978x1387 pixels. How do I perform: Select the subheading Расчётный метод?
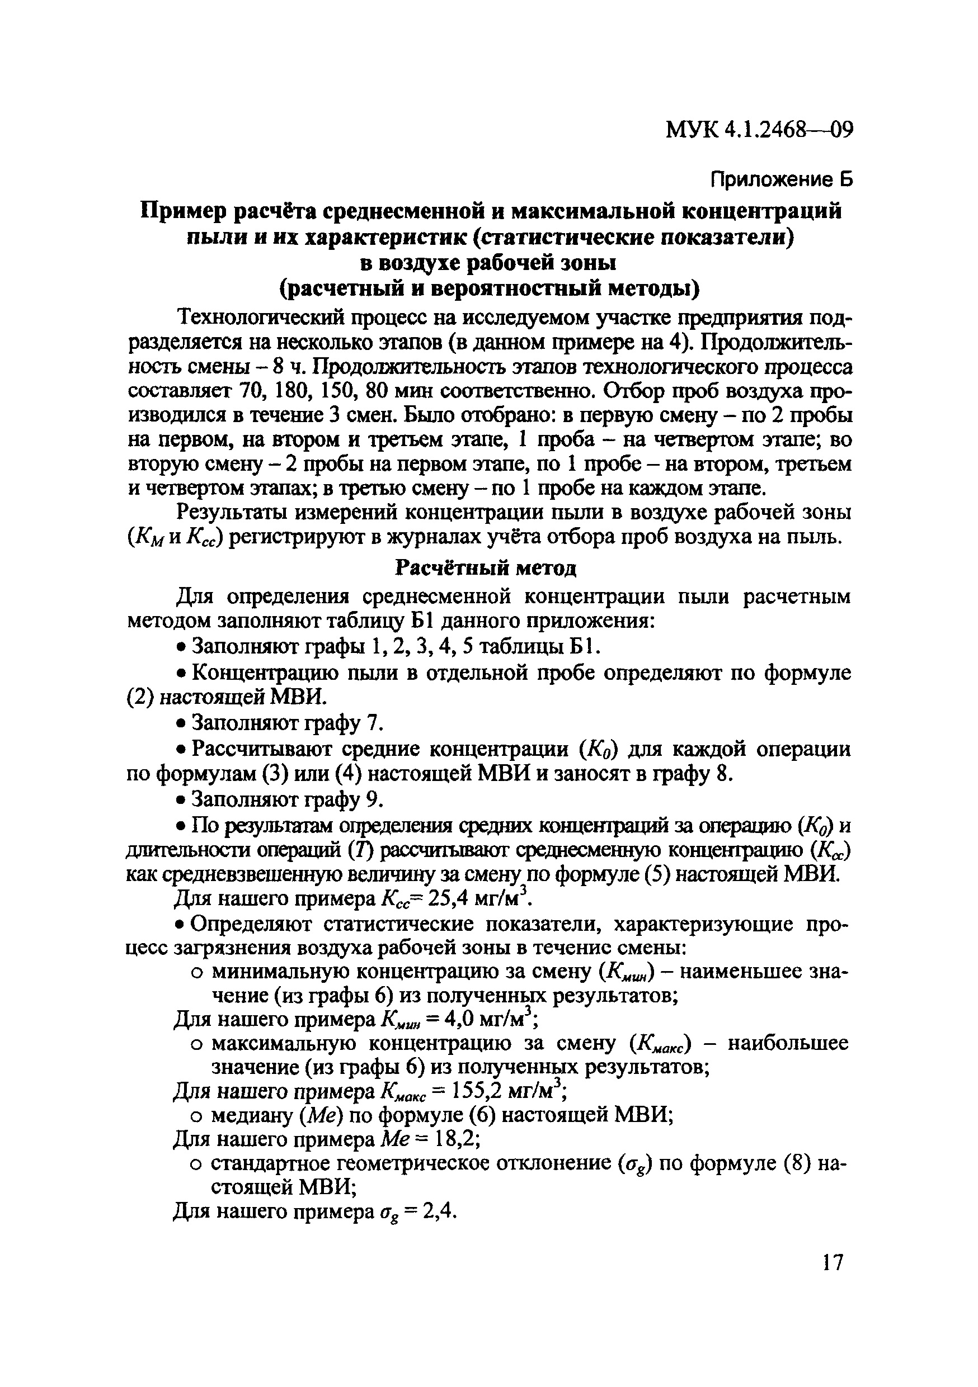coord(486,567)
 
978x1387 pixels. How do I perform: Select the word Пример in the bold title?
coord(183,211)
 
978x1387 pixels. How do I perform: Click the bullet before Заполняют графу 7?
coord(180,725)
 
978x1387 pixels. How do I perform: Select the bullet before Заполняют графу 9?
coord(180,801)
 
